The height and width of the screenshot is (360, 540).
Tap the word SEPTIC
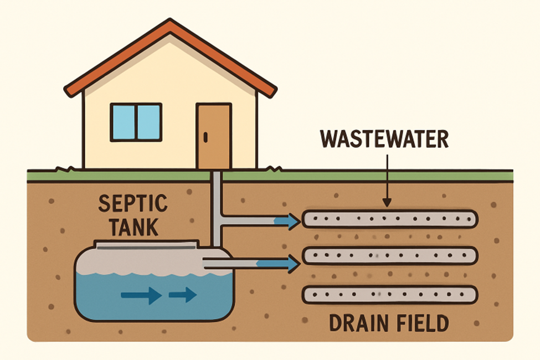click(132, 204)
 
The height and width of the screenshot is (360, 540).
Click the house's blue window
click(136, 121)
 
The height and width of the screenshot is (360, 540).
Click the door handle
click(204, 137)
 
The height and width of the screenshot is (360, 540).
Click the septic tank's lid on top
click(146, 244)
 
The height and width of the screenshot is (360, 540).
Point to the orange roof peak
click(169, 25)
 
